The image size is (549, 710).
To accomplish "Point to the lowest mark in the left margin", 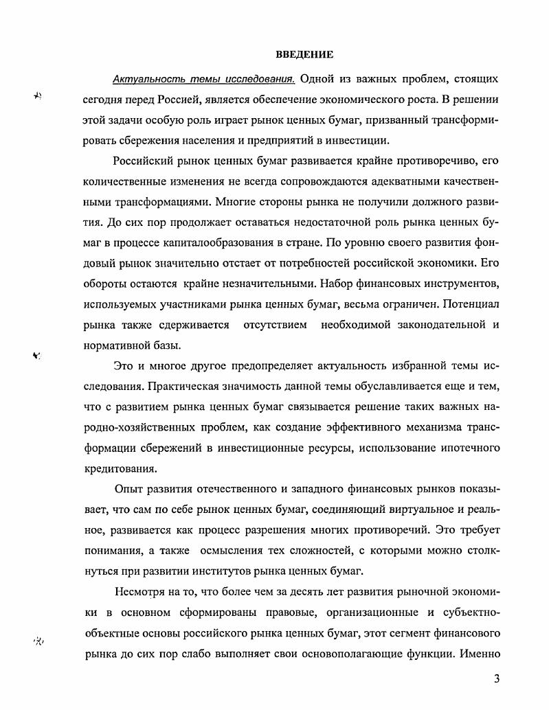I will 38,641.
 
